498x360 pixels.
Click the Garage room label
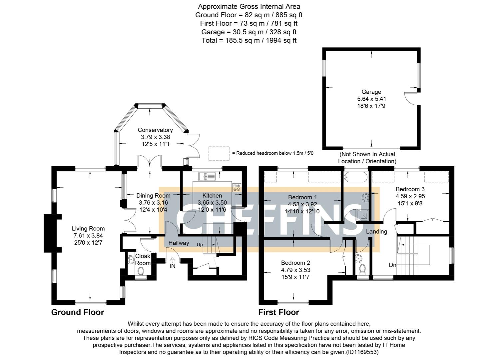(x=371, y=92)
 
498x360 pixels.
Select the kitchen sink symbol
(x=207, y=176)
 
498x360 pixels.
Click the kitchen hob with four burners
(x=237, y=187)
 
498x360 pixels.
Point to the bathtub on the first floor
(x=356, y=177)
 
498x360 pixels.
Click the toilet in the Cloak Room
(x=140, y=271)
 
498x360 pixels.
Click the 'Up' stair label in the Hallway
(x=200, y=245)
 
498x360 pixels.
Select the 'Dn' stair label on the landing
(x=393, y=265)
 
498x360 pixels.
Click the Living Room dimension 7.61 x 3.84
(x=88, y=236)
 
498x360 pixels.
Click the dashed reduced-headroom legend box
(x=219, y=153)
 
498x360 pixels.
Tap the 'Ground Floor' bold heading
(x=77, y=312)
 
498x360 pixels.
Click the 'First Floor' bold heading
(x=278, y=312)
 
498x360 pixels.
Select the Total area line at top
(x=249, y=40)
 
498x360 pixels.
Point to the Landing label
(x=376, y=231)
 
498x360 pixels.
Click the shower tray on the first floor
(x=362, y=215)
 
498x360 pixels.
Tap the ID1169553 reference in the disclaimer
(x=362, y=352)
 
